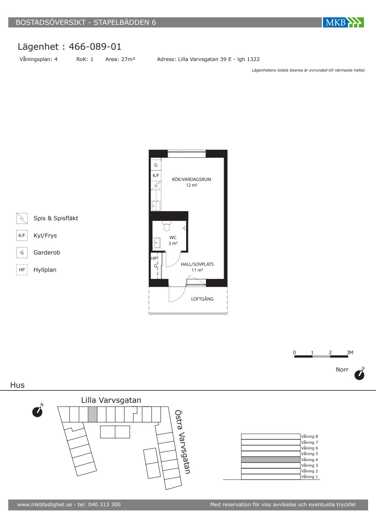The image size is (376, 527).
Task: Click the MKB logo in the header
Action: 343,22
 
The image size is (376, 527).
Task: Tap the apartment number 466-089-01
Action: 95,47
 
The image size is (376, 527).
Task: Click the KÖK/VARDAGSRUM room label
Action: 191,179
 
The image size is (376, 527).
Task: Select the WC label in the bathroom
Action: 173,238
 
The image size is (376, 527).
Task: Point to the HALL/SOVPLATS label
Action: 197,264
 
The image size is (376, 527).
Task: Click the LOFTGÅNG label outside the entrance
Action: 202,299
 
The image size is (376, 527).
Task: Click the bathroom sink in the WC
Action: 157,242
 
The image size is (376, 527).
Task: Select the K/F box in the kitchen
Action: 156,175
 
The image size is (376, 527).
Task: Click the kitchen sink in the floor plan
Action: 156,206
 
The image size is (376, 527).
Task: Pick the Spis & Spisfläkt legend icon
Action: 22,218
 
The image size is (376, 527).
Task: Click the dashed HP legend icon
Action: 22,270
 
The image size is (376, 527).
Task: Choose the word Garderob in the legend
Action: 47,253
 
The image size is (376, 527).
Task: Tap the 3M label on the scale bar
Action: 350,352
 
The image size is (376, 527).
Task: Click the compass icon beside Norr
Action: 359,373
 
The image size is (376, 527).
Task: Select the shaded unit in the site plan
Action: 92,414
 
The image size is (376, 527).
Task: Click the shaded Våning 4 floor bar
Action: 271,460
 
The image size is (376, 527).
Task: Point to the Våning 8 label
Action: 309,436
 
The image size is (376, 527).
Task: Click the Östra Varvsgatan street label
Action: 182,442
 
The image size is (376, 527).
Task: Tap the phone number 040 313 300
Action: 105,504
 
